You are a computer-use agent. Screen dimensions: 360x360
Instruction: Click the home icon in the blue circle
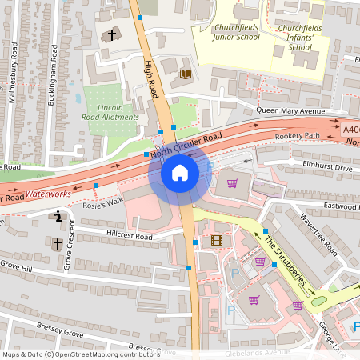pos(180,171)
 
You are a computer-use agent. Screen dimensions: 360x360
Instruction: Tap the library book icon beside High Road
pos(186,74)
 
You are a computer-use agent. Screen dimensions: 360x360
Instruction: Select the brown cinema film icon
pos(217,240)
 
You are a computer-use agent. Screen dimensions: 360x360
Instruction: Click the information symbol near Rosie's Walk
pos(58,216)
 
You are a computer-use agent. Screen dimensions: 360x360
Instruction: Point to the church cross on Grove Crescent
pos(57,242)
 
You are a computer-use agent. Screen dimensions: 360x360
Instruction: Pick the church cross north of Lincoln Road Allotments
pos(111,35)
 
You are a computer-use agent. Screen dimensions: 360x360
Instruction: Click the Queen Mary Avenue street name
pos(293,112)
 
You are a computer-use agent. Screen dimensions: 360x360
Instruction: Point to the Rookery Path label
pos(297,136)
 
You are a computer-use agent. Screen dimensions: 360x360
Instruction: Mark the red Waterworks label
pos(48,194)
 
